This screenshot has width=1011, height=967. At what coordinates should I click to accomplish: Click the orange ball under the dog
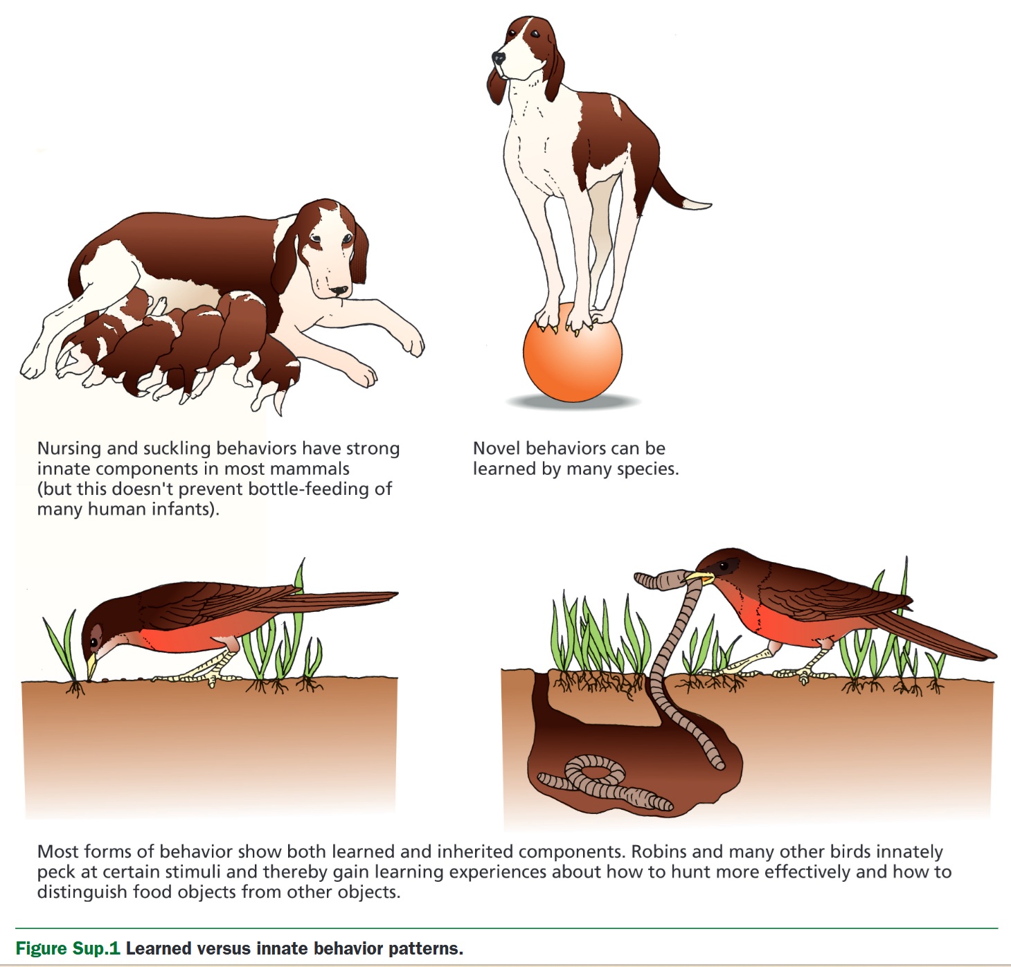pos(573,352)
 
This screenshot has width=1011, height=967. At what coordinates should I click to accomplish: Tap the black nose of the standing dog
pos(498,57)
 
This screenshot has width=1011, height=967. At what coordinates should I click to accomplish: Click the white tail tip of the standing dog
pos(697,204)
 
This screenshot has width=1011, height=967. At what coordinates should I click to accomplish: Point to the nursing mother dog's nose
pos(340,291)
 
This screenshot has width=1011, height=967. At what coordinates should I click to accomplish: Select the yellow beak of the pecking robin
pos(91,667)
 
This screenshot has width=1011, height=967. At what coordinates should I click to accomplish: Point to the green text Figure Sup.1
pos(68,948)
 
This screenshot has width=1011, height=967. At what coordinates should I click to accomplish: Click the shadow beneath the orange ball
pos(573,401)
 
